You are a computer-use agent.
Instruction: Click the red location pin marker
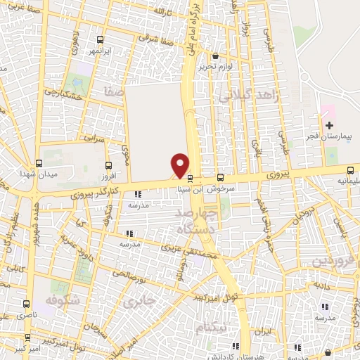[180, 166]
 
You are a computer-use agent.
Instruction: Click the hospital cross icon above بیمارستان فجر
[329, 124]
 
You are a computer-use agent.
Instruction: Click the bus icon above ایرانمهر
[101, 39]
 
